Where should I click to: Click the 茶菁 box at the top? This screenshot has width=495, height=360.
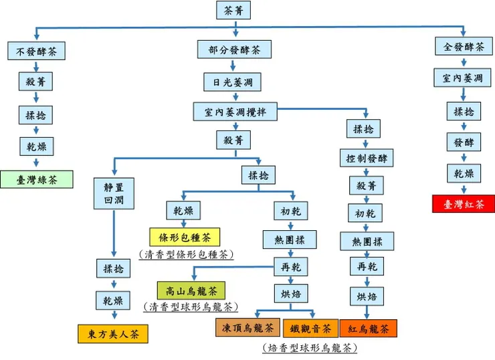233,10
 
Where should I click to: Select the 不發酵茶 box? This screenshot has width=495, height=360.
37,50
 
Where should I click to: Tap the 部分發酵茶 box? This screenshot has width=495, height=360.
233,50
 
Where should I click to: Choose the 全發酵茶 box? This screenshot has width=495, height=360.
463,47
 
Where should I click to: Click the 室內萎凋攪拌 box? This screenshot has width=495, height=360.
234,112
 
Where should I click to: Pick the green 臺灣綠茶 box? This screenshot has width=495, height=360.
36,179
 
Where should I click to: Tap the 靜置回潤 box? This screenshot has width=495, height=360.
113,192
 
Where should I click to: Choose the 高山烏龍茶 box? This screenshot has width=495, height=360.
191,290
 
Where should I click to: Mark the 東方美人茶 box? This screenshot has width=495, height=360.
113,333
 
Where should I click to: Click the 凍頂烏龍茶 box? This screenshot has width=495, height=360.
247,328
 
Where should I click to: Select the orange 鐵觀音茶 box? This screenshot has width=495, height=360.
310,329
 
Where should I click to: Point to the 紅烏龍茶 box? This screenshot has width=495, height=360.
368,329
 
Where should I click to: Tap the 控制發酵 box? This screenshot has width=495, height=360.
366,159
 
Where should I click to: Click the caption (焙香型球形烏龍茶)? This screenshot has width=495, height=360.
309,347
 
